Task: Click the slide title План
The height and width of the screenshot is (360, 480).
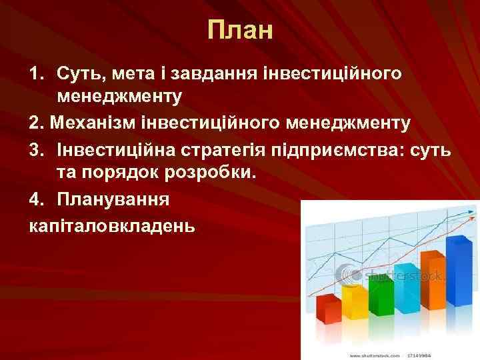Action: pos(240,30)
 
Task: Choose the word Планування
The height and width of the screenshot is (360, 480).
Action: pos(113,199)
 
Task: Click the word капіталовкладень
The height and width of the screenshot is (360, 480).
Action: pos(112,225)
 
